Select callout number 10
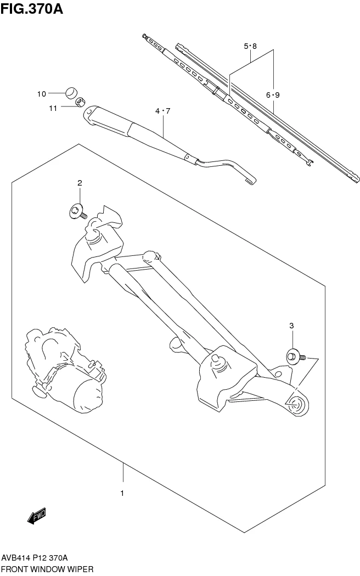click(42, 94)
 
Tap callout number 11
click(53, 108)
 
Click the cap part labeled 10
click(70, 92)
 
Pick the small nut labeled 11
click(79, 102)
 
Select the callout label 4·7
click(163, 111)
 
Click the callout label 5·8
click(250, 47)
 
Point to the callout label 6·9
click(273, 95)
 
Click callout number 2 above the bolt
click(79, 183)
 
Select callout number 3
click(291, 326)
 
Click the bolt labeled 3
click(295, 357)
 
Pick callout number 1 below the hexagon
click(122, 493)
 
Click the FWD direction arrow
click(37, 516)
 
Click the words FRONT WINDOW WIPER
click(47, 569)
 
